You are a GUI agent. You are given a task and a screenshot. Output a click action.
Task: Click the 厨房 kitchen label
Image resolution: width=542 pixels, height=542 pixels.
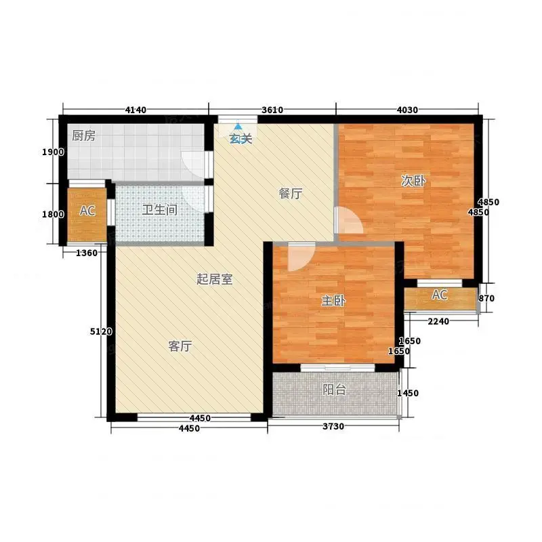pyautogui.click(x=83, y=136)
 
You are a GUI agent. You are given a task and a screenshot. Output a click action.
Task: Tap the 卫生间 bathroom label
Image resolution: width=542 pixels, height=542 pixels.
pyautogui.click(x=160, y=209)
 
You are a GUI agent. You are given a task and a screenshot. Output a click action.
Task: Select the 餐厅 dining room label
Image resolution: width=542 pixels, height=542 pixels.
pyautogui.click(x=291, y=194)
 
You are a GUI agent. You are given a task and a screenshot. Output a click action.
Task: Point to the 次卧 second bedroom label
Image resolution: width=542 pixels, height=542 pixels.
pyautogui.click(x=413, y=181)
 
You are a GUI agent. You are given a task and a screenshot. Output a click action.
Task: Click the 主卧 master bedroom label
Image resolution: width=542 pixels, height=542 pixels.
pyautogui.click(x=333, y=301)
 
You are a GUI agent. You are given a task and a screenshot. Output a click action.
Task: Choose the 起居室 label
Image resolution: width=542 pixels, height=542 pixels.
pyautogui.click(x=214, y=279)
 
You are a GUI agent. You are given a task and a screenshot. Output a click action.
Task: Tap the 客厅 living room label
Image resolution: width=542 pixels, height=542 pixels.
pyautogui.click(x=180, y=346)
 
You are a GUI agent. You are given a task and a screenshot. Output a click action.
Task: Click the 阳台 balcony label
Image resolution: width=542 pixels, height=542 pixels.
pyautogui.click(x=334, y=390)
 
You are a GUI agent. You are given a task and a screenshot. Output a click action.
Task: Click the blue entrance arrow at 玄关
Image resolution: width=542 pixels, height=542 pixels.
pyautogui.click(x=238, y=127)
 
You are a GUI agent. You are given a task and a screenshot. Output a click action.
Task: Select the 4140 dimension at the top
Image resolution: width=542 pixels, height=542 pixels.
pyautogui.click(x=135, y=110)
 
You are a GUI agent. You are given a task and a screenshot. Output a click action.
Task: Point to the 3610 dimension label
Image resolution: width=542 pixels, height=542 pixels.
pyautogui.click(x=272, y=110)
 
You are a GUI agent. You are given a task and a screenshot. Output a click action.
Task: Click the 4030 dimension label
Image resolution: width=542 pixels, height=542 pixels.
pyautogui.click(x=407, y=110)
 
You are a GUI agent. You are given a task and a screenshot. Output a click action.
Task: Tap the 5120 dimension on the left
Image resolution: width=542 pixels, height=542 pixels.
pyautogui.click(x=101, y=331)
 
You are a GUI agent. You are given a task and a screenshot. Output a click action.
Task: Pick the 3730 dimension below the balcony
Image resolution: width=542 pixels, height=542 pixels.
pyautogui.click(x=333, y=426)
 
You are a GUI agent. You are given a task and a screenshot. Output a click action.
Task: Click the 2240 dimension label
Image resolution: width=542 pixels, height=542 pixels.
pyautogui.click(x=438, y=321)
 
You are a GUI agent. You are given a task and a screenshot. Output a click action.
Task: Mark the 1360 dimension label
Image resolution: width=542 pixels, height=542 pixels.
pyautogui.click(x=87, y=253)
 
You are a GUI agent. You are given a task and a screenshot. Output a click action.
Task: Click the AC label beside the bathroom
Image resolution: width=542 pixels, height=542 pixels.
pyautogui.click(x=87, y=211)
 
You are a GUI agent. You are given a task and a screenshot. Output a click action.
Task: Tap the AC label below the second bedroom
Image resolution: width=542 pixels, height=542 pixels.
pyautogui.click(x=440, y=295)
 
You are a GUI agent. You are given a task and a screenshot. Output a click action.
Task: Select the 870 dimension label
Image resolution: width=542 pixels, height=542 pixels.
pyautogui.click(x=486, y=298)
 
